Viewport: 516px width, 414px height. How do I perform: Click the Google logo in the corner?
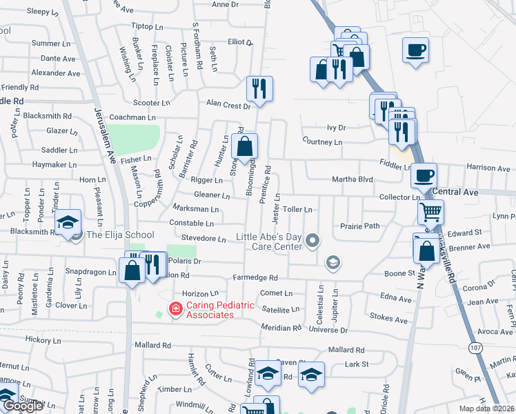pos(22,406)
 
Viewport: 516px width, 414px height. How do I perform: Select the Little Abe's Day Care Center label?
pos(269,241)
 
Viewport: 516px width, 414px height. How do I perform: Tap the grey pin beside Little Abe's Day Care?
pos(313,241)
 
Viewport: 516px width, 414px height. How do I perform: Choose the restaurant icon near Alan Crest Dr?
pos(260,88)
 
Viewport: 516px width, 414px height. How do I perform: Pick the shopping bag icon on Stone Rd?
pos(244,146)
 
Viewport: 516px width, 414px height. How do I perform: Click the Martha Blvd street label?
pos(353,179)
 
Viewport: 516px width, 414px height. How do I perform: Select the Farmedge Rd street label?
pos(255,278)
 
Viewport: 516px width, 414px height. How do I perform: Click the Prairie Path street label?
pos(359,226)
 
